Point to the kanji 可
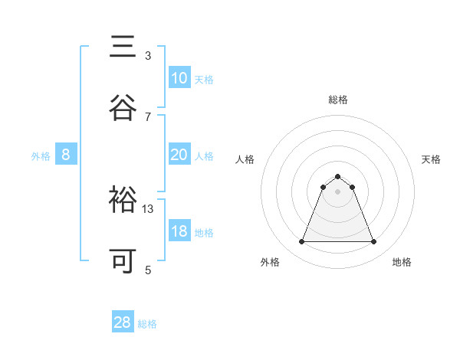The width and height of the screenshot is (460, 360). (x=123, y=261)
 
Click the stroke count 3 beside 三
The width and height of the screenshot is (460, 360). (x=148, y=55)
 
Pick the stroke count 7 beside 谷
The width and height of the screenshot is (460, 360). (x=148, y=116)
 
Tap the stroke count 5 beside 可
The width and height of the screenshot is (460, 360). (x=148, y=270)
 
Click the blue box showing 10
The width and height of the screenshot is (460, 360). (x=179, y=78)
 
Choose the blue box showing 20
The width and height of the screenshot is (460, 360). (x=179, y=155)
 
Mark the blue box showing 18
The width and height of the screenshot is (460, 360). (x=179, y=231)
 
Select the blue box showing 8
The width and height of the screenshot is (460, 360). (x=66, y=155)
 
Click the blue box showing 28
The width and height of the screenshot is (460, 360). (x=123, y=322)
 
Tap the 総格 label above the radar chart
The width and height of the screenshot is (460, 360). (x=337, y=100)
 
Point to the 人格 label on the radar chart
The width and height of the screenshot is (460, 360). (x=245, y=159)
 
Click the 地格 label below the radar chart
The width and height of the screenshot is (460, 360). (x=402, y=263)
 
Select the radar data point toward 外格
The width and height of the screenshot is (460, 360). (x=301, y=242)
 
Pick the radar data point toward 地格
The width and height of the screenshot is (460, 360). (x=374, y=242)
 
